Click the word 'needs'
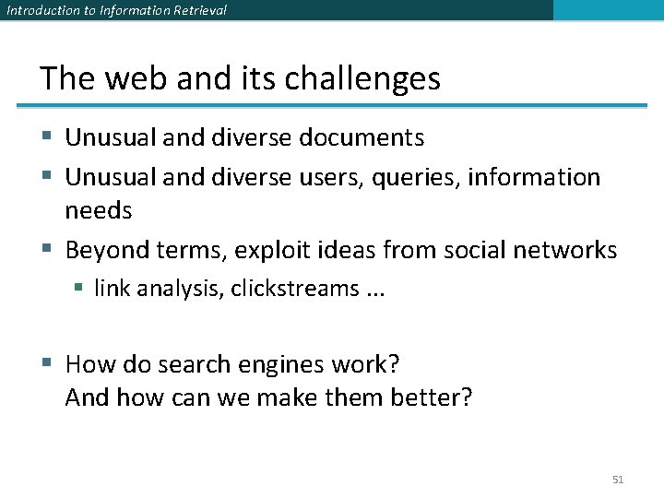pyautogui.click(x=98, y=211)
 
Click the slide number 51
pyautogui.click(x=618, y=480)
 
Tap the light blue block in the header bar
pyautogui.click(x=608, y=10)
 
